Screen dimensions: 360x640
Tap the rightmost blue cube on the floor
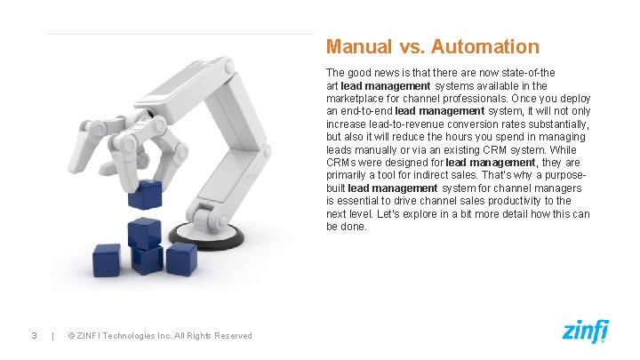(180, 259)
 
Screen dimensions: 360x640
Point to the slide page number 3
(33, 335)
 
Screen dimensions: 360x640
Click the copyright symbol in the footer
(70, 335)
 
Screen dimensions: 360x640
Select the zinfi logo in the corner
(585, 332)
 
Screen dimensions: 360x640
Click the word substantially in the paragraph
(557, 124)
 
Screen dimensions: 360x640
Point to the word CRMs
(342, 163)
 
